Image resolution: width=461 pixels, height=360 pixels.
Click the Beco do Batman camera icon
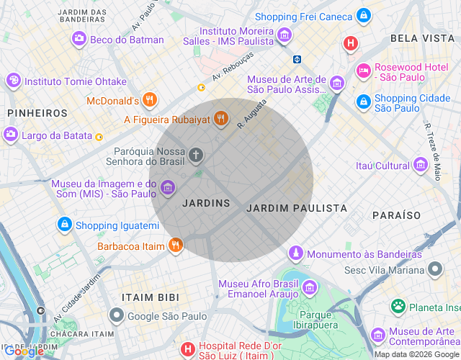[79, 39]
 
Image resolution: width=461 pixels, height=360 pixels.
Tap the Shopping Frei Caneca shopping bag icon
[364, 15]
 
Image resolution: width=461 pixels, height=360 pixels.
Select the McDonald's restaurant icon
[150, 100]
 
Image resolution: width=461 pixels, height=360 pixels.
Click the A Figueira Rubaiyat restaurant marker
[221, 120]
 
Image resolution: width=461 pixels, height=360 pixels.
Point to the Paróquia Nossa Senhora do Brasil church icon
[196, 155]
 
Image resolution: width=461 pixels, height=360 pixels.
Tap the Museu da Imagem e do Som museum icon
[168, 189]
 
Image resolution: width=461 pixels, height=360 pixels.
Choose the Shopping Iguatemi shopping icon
[65, 225]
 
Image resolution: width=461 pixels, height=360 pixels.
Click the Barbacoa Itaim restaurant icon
[176, 246]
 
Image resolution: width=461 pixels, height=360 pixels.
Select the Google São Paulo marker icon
[116, 315]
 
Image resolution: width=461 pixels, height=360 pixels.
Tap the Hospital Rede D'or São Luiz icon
[187, 350]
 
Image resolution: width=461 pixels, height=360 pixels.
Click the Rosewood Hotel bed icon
[363, 71]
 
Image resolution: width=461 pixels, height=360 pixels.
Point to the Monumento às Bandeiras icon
[295, 253]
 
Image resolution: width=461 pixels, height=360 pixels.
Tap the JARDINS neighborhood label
[206, 204]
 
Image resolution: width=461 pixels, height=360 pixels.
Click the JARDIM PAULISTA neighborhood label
[297, 208]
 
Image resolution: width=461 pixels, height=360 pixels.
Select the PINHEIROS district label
[37, 113]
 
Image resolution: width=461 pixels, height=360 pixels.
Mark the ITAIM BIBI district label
[151, 297]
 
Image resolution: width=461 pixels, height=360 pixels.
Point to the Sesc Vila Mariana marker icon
[434, 269]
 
